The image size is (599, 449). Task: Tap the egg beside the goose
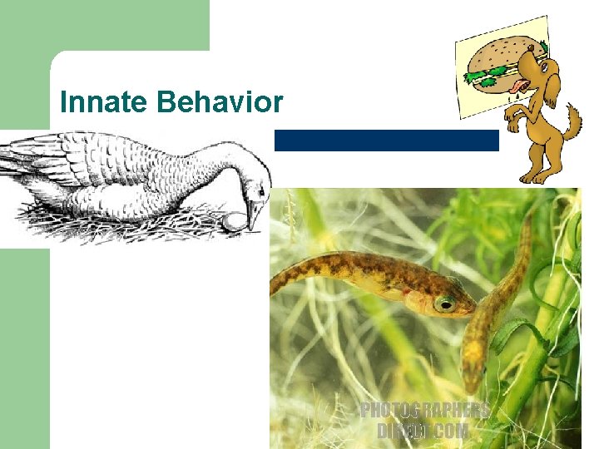(x=235, y=221)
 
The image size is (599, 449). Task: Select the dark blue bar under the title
(x=386, y=141)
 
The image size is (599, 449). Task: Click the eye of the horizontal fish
(x=444, y=304)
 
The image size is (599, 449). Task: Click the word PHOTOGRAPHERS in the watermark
(x=424, y=411)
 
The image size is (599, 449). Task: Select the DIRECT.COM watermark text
(x=423, y=431)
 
